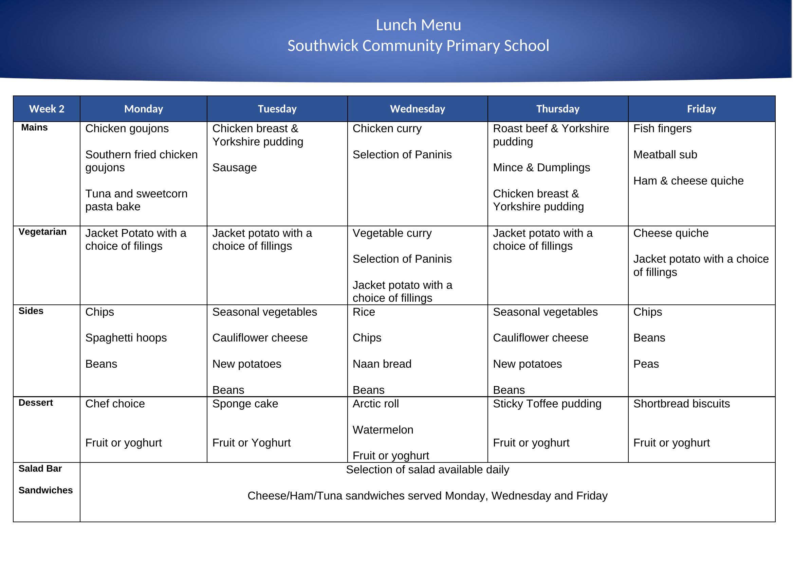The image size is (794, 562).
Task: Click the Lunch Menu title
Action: point(418,25)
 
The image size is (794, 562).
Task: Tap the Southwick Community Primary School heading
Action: point(418,46)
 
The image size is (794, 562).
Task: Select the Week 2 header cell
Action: point(47,109)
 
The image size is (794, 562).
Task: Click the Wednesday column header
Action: point(418,109)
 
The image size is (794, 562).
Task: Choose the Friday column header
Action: point(701,109)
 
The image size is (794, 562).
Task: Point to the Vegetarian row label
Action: point(42,232)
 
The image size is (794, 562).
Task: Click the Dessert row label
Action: point(36,403)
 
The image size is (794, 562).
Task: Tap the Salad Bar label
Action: point(40,469)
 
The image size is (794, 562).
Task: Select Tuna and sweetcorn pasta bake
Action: point(136,200)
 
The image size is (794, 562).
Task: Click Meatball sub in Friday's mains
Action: point(665,155)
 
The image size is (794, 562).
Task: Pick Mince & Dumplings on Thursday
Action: point(541,168)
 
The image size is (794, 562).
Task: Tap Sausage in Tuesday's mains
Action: point(235,168)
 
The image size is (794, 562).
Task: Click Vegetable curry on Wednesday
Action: point(392,233)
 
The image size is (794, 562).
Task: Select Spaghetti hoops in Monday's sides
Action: point(126,338)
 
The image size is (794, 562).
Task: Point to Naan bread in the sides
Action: point(382,364)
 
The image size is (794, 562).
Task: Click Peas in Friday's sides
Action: point(646,364)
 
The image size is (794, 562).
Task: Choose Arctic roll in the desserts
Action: point(375,404)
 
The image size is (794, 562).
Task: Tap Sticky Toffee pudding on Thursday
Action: point(547,404)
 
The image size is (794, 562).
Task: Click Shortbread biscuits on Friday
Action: point(681,404)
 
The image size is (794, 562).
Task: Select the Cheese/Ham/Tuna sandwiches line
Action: point(427,496)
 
